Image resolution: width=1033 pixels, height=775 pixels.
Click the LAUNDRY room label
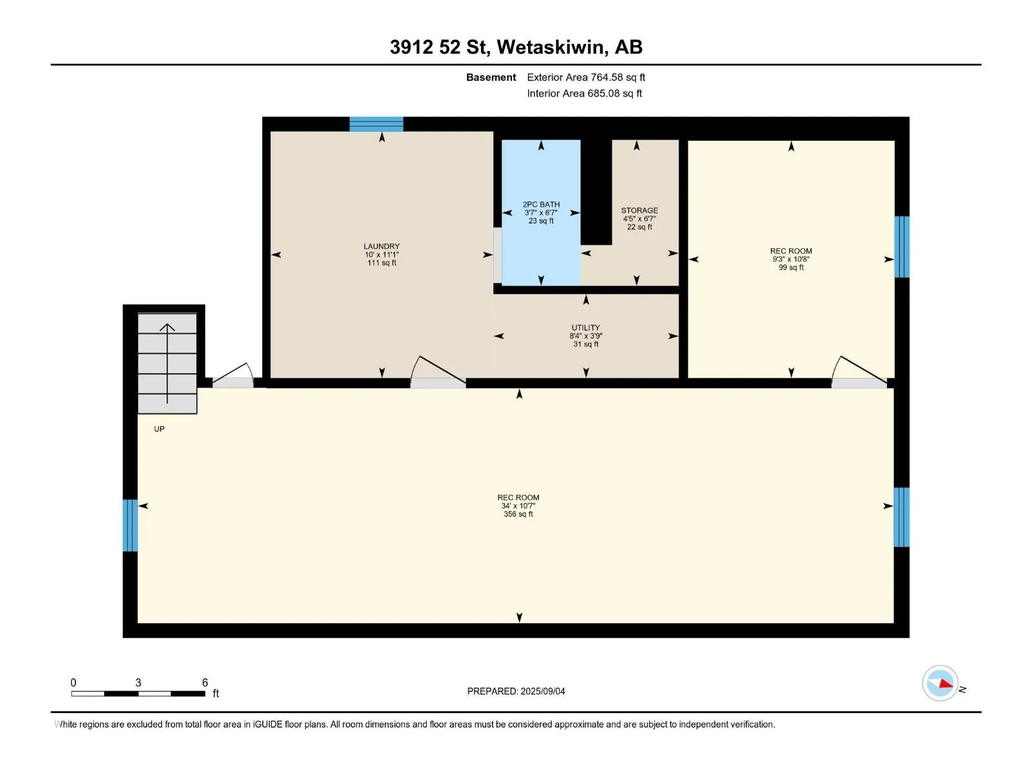(381, 246)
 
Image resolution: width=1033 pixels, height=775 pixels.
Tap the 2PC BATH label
(541, 204)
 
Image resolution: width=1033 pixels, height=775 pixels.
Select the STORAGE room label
(639, 211)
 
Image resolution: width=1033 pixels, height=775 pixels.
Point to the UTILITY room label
(586, 327)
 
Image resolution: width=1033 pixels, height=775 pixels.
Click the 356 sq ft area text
(518, 514)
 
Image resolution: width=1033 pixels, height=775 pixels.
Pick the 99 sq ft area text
(791, 267)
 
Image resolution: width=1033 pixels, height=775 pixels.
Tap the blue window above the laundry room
(376, 124)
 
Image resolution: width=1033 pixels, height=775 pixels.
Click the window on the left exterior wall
(130, 525)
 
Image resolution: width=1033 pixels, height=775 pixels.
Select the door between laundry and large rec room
(438, 373)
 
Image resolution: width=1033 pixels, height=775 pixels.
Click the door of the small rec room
(859, 373)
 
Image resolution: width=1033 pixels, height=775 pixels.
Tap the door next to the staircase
(233, 377)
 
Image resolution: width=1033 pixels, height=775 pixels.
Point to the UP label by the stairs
(159, 429)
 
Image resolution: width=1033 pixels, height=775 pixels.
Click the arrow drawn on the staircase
(167, 363)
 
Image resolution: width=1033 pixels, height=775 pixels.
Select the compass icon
(940, 683)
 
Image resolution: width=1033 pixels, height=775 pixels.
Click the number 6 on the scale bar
(205, 682)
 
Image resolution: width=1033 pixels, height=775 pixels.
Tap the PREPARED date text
(516, 691)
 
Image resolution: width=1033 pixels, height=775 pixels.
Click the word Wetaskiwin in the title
(550, 47)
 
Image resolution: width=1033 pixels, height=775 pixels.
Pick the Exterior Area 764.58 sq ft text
(586, 77)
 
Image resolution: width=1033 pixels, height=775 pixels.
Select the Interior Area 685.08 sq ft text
(584, 93)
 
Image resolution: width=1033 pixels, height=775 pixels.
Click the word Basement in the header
(491, 77)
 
